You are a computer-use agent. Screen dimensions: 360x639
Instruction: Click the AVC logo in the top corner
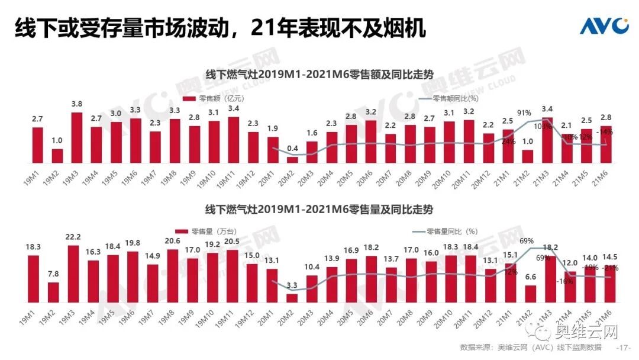click(x=604, y=25)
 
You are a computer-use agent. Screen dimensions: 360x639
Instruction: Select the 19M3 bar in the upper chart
click(x=77, y=137)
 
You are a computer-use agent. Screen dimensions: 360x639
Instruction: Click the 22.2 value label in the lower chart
click(x=73, y=237)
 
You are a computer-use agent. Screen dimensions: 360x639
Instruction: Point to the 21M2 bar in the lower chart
click(x=531, y=294)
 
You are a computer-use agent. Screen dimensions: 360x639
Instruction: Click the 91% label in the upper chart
click(x=524, y=112)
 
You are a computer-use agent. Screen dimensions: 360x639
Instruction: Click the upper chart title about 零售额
click(x=319, y=75)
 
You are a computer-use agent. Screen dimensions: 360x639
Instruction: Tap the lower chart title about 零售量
click(x=319, y=210)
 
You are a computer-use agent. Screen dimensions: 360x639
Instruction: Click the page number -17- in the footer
click(x=624, y=347)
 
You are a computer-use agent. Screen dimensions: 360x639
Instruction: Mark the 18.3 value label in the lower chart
click(x=33, y=247)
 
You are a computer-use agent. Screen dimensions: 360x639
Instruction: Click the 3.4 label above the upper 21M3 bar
click(x=547, y=109)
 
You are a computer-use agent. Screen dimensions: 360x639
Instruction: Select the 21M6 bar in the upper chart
click(x=605, y=147)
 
